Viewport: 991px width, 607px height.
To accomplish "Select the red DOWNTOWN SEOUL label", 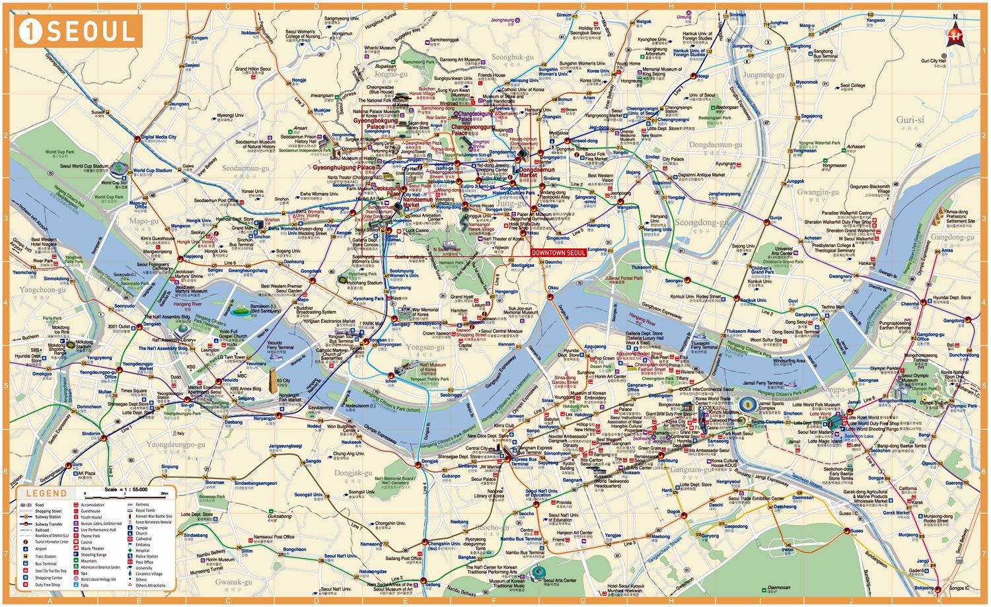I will coord(558,253).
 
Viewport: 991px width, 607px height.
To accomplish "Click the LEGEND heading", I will coord(46,493).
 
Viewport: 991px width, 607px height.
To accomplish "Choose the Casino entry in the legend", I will coord(87,542).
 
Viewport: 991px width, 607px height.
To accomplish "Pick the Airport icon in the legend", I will coord(26,549).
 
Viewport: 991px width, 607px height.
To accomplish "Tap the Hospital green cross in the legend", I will coord(131,550).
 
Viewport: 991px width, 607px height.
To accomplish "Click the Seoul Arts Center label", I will coord(560,581).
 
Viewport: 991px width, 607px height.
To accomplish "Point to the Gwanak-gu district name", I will coord(233,583).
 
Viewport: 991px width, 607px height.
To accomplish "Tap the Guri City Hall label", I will coord(934,61).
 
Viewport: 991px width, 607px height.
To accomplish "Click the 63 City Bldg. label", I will coord(283,383).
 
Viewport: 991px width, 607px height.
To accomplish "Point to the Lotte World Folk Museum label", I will coord(817,405).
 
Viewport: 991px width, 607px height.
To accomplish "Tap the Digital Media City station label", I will coord(159,137).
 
